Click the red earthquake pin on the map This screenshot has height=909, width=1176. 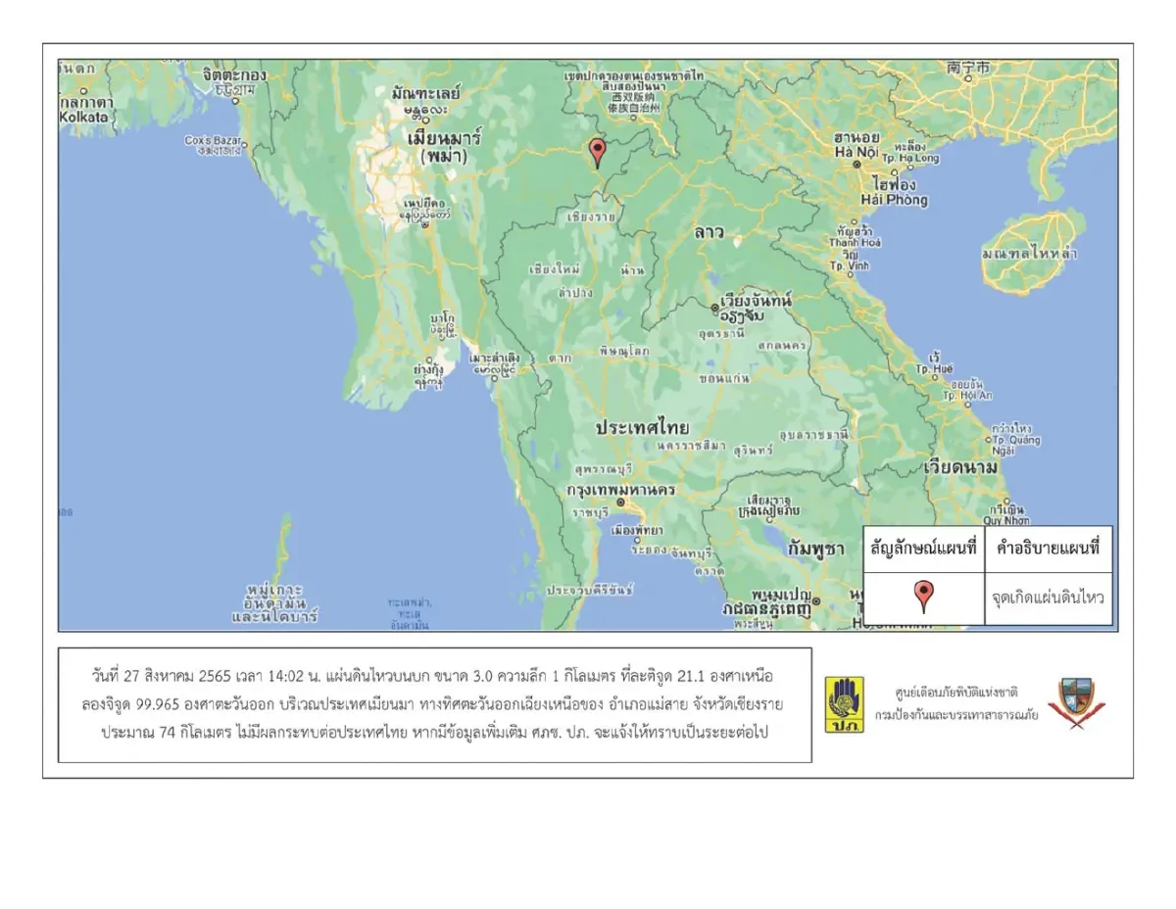(x=597, y=152)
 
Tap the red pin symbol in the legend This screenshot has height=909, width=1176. (x=923, y=596)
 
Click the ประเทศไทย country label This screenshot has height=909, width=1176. (x=643, y=428)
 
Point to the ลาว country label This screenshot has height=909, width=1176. (x=708, y=232)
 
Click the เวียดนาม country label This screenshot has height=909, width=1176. (x=961, y=468)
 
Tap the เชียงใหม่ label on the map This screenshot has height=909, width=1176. (x=555, y=268)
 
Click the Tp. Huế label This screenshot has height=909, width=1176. (x=933, y=369)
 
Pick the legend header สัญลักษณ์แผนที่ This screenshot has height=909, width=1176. (x=923, y=550)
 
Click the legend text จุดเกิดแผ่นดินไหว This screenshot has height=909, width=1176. (x=1048, y=596)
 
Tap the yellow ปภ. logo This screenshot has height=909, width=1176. (x=844, y=705)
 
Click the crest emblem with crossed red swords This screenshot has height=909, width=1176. (x=1071, y=704)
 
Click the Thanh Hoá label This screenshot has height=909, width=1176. (x=856, y=242)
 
